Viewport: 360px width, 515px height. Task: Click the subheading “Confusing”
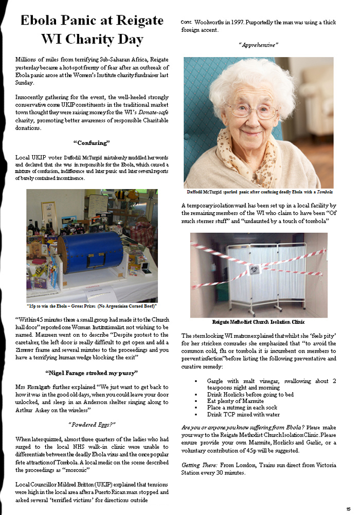pos(92,142)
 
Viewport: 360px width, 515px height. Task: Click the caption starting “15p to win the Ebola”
pos(92,305)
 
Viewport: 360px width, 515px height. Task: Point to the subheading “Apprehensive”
pos(259,45)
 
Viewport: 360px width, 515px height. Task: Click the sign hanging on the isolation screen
pos(254,270)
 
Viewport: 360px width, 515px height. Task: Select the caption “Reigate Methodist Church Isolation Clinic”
pos(259,322)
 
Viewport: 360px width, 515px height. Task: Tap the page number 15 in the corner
pos(348,509)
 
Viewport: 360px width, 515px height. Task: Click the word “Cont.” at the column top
pos(186,22)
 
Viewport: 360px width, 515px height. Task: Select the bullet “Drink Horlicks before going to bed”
pos(250,394)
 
